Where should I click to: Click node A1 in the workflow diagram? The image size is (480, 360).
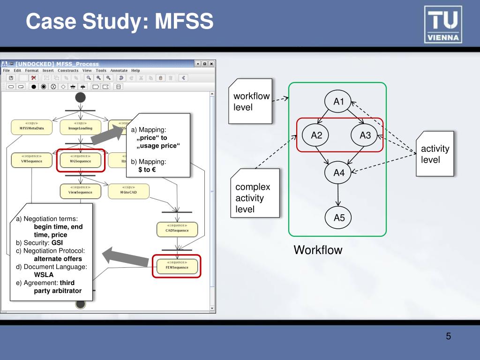[x=339, y=101]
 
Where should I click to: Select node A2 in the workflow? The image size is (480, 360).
[x=316, y=135]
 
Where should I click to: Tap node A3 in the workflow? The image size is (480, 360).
[x=365, y=135]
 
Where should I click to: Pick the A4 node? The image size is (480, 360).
[x=339, y=172]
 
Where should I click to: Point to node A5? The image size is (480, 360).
[x=339, y=217]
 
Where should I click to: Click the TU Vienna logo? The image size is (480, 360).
[x=443, y=24]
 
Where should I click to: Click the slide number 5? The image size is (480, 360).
[x=448, y=337]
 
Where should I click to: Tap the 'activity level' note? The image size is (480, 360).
[x=435, y=154]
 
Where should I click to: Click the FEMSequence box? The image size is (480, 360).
[x=177, y=265]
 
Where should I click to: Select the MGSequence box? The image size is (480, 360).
[x=80, y=159]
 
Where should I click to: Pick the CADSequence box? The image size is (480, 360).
[x=177, y=229]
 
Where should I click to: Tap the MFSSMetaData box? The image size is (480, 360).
[x=31, y=126]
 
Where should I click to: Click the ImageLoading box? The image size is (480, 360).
[x=80, y=126]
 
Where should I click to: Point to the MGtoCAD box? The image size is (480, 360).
[x=128, y=190]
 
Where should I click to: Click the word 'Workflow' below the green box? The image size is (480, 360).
[x=318, y=250]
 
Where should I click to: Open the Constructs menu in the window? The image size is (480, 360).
[x=68, y=70]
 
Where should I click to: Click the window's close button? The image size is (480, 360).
[x=211, y=64]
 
